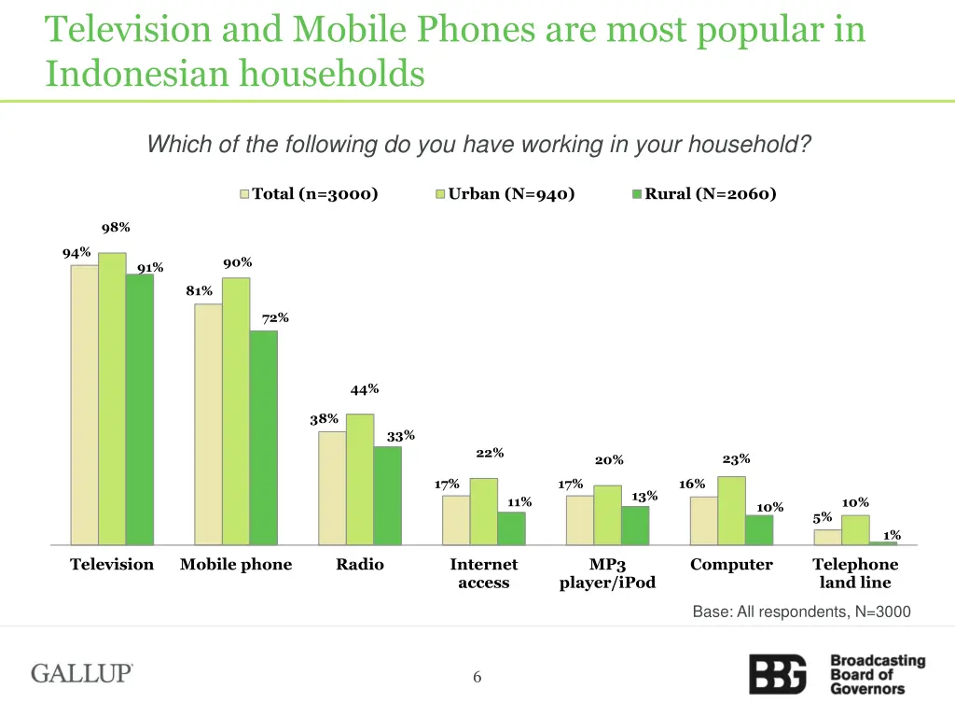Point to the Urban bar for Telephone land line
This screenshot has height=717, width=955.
855,529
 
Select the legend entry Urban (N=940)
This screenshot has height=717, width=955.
505,194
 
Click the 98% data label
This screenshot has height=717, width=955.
116,228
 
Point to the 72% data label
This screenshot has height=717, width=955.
275,318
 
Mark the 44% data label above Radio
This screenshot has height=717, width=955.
365,389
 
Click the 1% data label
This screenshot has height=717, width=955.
892,535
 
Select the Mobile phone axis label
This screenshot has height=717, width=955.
236,565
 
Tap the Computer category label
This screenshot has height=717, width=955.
731,565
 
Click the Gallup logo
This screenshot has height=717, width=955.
82,673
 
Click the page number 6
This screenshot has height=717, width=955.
477,678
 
